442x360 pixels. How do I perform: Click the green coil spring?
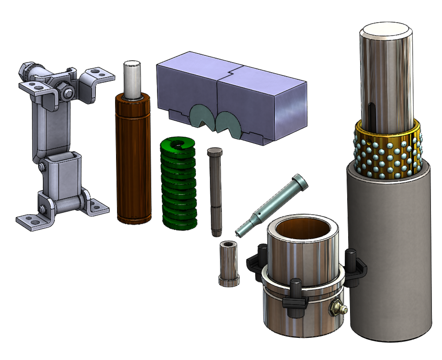(x=179, y=183)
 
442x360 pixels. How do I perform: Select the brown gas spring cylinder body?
(x=132, y=159)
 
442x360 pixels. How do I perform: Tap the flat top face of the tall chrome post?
(x=386, y=32)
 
